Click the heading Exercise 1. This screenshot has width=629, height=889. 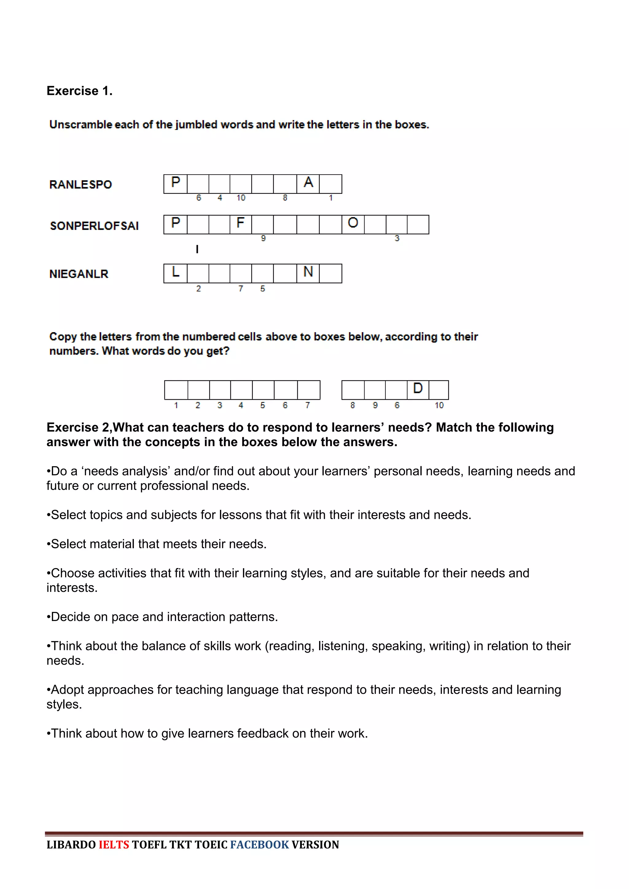click(x=80, y=91)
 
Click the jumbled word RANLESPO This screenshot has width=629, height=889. click(x=80, y=184)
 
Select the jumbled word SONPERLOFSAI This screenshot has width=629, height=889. click(x=94, y=226)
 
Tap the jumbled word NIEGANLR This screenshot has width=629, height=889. click(x=79, y=274)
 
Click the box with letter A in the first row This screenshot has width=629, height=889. click(x=308, y=183)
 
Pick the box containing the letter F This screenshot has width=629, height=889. click(x=240, y=224)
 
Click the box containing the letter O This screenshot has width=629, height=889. click(x=353, y=224)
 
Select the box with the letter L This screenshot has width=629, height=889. click(x=175, y=273)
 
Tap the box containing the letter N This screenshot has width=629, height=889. click(x=308, y=273)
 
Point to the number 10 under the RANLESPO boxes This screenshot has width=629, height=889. click(x=241, y=198)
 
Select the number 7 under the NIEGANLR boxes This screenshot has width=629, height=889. click(x=241, y=289)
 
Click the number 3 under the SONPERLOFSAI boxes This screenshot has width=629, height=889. click(x=397, y=238)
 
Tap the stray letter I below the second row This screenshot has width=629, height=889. click(x=197, y=249)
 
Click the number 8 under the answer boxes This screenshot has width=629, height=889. click(x=353, y=405)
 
